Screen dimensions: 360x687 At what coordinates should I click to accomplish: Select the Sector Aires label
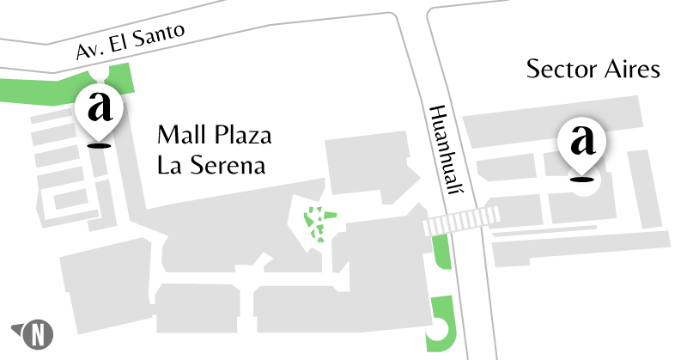click(x=593, y=69)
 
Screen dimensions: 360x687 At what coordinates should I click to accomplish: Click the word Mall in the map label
click(x=179, y=136)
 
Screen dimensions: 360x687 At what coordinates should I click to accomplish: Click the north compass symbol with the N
click(x=37, y=333)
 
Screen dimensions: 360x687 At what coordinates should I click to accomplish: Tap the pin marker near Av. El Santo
click(x=102, y=111)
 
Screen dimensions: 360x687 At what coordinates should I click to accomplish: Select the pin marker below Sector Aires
click(x=583, y=143)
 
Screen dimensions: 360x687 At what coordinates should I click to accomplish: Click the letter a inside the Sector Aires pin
click(x=583, y=138)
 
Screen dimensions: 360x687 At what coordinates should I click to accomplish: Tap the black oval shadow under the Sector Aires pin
click(x=583, y=180)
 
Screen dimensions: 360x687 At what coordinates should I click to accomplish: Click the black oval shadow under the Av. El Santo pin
click(x=102, y=146)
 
